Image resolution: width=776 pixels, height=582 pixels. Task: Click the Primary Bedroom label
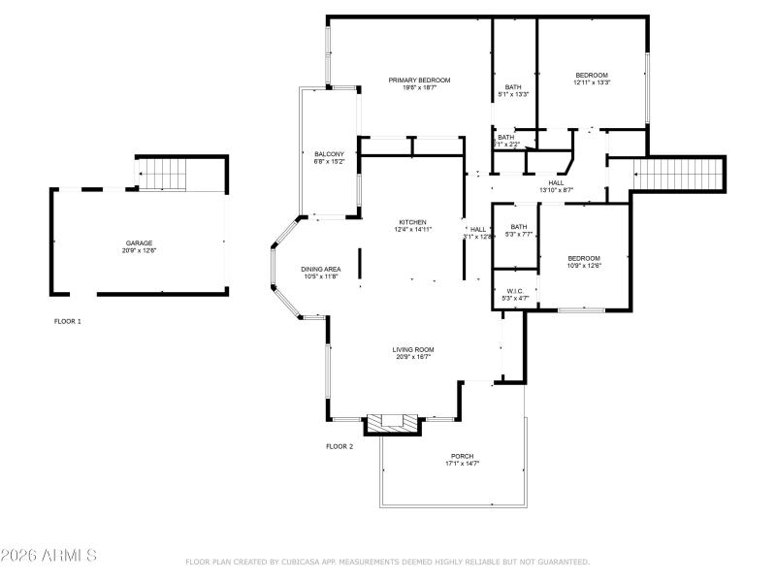click(419, 80)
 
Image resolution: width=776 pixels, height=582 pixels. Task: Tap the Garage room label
click(139, 243)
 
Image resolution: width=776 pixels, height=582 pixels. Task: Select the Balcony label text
click(329, 154)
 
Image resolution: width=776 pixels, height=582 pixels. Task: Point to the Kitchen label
click(413, 222)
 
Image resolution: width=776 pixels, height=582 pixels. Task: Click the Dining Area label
click(319, 269)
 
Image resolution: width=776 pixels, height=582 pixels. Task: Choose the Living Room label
click(413, 349)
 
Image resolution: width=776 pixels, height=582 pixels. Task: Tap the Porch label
click(462, 456)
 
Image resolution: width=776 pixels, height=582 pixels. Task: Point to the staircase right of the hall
click(678, 176)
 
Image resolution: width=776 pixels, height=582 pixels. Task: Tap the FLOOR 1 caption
click(68, 321)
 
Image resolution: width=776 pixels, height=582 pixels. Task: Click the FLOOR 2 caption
click(339, 446)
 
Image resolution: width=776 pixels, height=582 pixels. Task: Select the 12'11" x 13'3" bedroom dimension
click(591, 83)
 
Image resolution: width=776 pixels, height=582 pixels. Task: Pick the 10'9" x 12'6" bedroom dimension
click(584, 265)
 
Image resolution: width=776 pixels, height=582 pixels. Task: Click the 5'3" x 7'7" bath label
click(519, 231)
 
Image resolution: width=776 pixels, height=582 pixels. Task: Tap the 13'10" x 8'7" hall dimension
click(556, 190)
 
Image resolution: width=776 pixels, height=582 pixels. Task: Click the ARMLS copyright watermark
click(48, 556)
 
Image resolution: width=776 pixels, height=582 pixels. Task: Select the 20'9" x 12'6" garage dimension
click(139, 250)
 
